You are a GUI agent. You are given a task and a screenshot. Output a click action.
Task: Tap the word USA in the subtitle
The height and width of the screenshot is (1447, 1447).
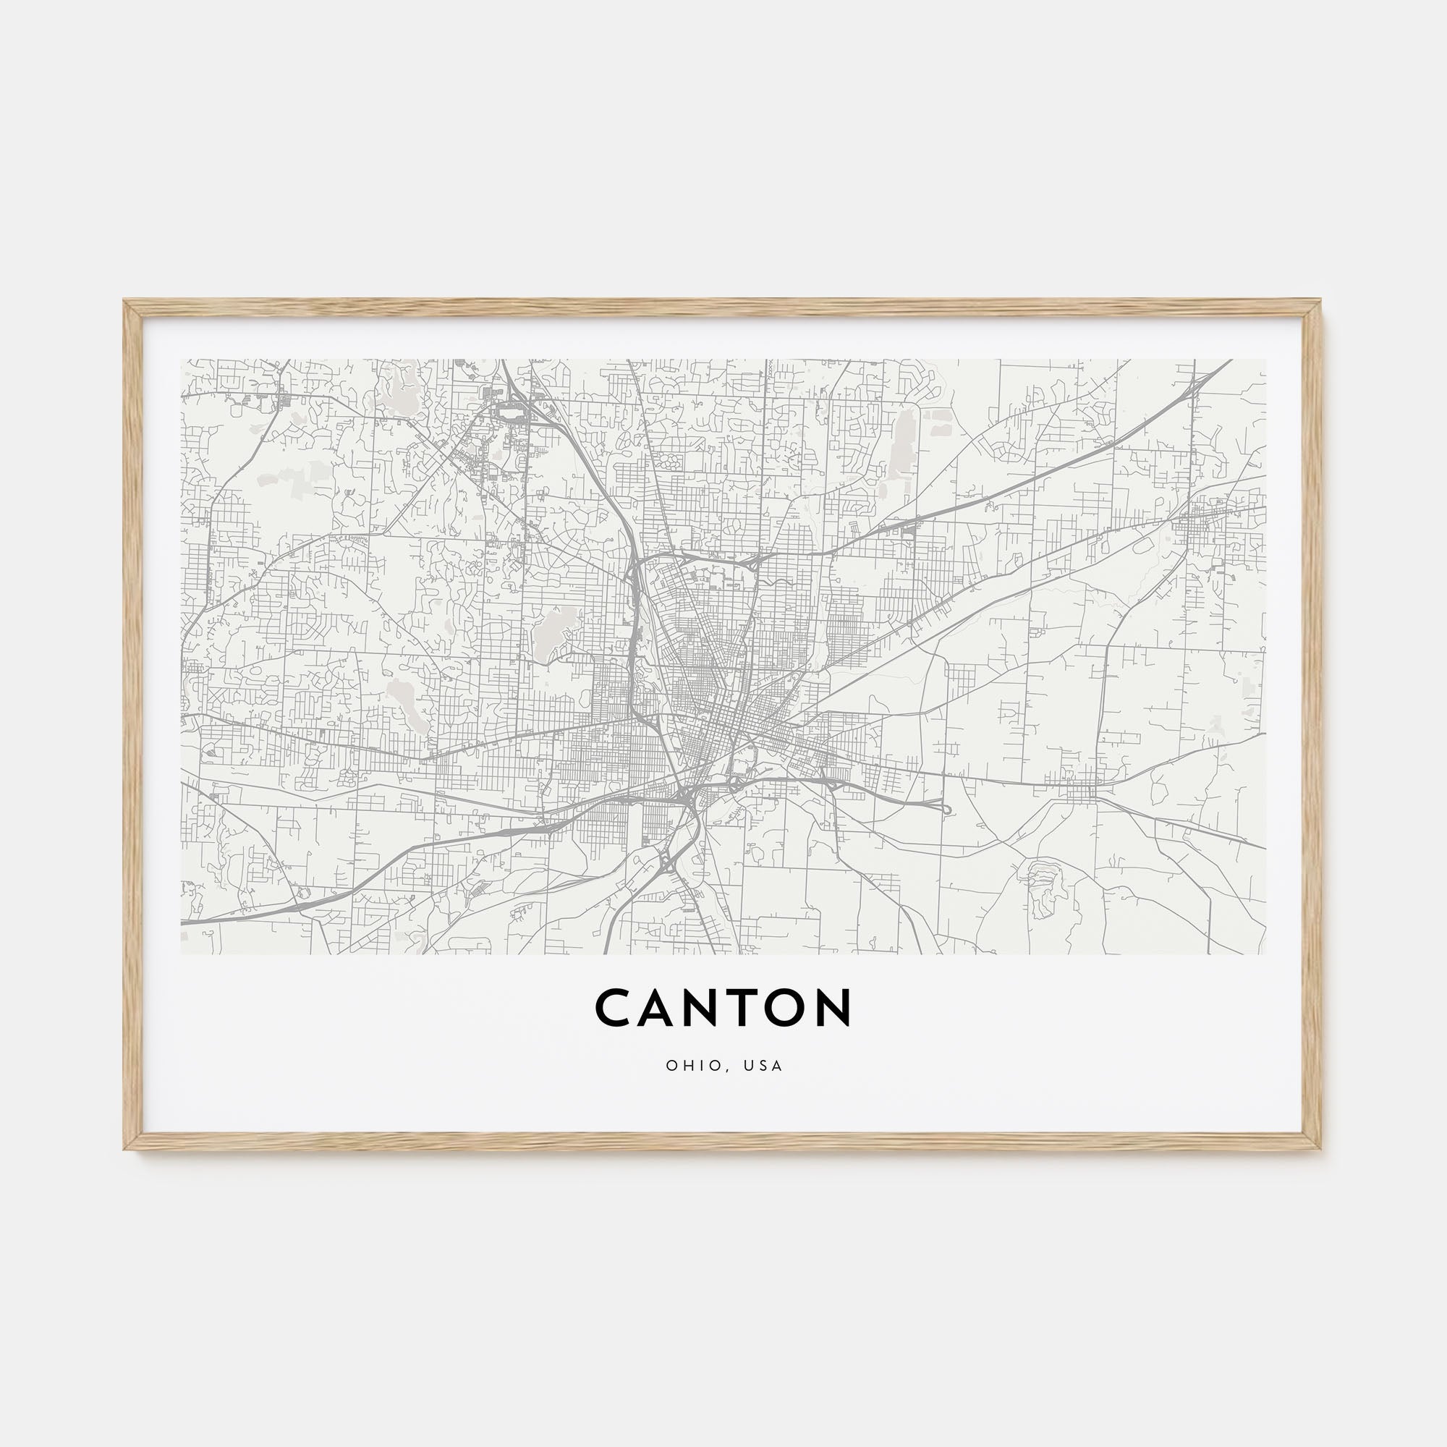[x=763, y=1066]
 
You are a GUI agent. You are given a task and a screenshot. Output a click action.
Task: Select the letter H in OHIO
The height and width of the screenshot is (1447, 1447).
[x=685, y=1066]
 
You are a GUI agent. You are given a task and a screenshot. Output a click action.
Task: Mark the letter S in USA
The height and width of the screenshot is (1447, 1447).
[x=763, y=1066]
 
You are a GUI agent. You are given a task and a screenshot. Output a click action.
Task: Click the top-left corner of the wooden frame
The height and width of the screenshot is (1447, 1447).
[x=125, y=302]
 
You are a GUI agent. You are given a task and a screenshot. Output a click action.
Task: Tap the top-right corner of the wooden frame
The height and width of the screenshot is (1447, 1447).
[x=1321, y=302]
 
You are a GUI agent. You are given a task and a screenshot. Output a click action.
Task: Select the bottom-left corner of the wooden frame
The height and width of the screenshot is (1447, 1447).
[x=125, y=1149]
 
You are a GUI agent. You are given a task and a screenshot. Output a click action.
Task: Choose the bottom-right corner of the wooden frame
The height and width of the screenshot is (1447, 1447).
[x=1321, y=1149]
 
